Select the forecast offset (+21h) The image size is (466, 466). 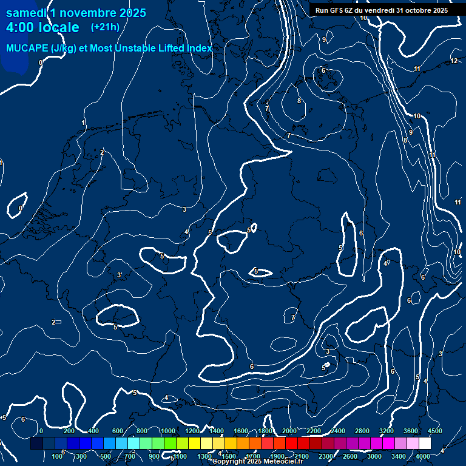[x=105, y=27]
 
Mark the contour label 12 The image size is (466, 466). [x=454, y=61]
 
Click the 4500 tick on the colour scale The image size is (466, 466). [x=435, y=431]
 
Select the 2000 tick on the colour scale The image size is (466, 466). [x=289, y=431]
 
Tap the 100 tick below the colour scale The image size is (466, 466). [x=58, y=456]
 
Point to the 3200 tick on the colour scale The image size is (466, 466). [x=387, y=431]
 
